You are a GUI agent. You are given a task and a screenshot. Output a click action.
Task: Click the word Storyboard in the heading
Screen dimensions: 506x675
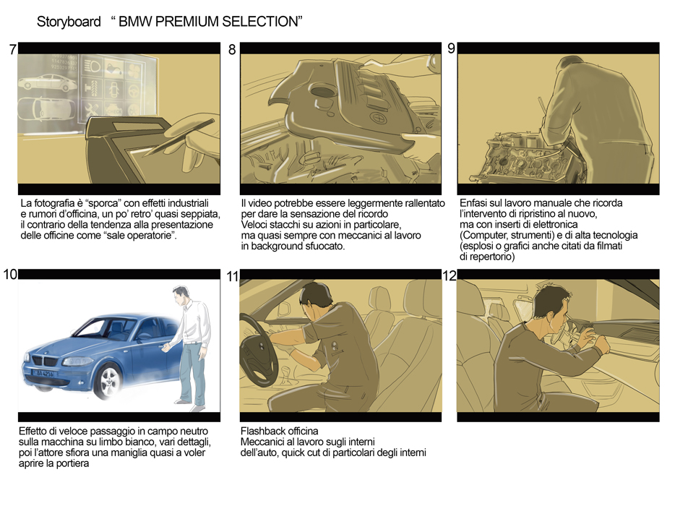[69, 22]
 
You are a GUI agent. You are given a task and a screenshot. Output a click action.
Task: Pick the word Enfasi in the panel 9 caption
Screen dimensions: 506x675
[475, 203]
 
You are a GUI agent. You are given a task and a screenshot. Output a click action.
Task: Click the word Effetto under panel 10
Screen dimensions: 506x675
[35, 432]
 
